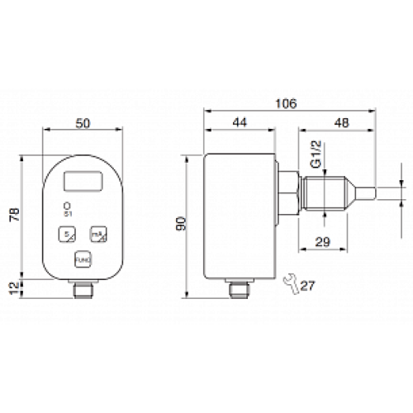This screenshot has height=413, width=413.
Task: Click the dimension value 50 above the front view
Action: pos(83,122)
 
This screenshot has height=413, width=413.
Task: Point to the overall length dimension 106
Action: pos(286,103)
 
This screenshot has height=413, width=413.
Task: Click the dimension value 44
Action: pos(239,122)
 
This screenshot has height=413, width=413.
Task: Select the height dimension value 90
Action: pos(181,223)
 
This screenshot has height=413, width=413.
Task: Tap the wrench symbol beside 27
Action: pos(288,283)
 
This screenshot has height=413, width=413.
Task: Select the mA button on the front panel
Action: pos(98,234)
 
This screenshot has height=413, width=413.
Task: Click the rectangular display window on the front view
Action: pos(83,178)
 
